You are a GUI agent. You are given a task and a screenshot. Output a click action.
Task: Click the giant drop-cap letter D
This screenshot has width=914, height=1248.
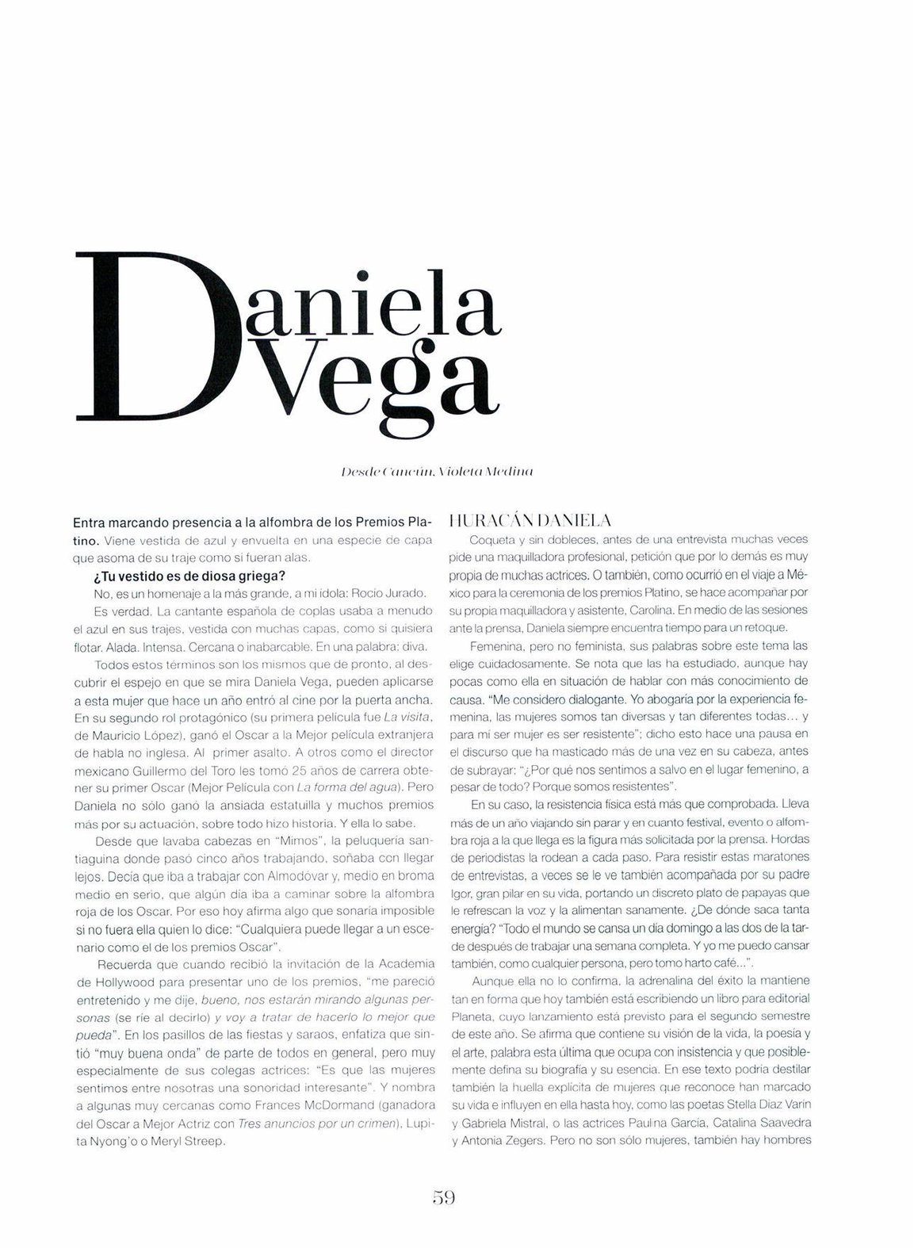point(159,337)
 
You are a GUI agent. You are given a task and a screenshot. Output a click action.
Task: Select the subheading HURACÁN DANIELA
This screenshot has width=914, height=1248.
point(529,521)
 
